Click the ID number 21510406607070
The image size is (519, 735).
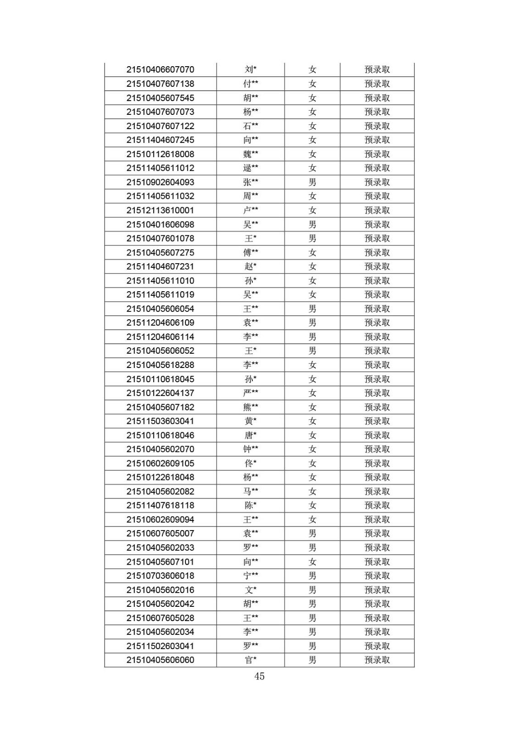160,70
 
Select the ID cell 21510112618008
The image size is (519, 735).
160,154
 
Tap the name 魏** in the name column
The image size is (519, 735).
251,154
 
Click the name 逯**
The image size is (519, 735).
251,168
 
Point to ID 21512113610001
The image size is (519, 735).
160,210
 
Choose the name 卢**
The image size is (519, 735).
251,210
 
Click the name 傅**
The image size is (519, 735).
251,253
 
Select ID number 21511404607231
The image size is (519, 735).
160,266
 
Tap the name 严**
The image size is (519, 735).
251,393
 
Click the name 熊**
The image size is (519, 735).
251,407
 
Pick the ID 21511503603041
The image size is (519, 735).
160,421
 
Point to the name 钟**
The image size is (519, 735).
251,449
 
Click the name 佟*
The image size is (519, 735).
251,464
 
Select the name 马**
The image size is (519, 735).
251,492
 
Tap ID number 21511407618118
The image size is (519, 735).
160,505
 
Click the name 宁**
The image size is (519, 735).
251,576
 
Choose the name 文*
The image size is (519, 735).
251,590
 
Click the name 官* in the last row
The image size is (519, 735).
251,660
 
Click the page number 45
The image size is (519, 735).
259,676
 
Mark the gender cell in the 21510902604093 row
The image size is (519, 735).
313,182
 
